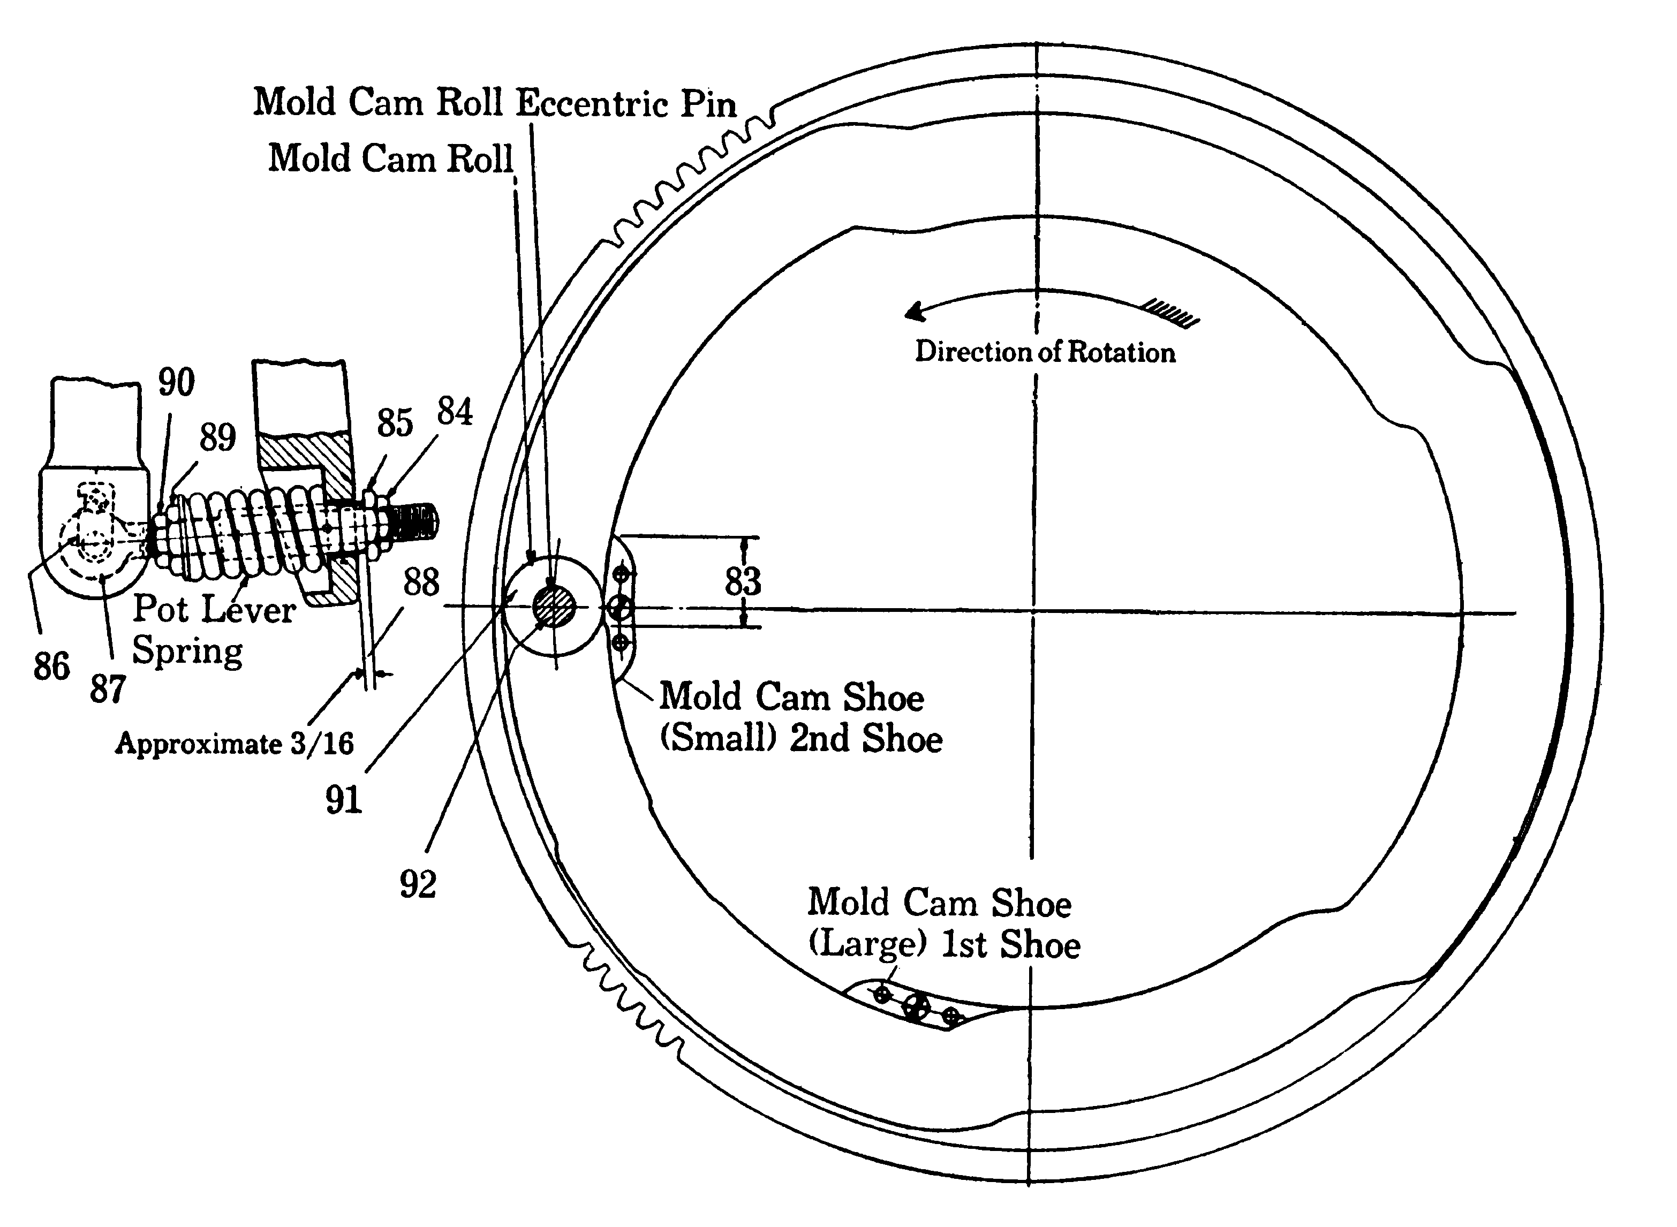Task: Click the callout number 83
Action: [x=743, y=581]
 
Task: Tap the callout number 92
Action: [x=418, y=884]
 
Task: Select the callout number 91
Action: [x=343, y=800]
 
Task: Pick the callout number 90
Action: [x=176, y=383]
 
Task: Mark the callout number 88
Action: [x=421, y=582]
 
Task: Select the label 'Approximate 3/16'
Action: [x=234, y=744]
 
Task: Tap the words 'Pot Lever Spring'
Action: [x=213, y=630]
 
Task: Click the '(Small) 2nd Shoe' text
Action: [x=800, y=738]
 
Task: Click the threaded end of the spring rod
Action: [x=413, y=521]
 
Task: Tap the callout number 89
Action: [x=217, y=437]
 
